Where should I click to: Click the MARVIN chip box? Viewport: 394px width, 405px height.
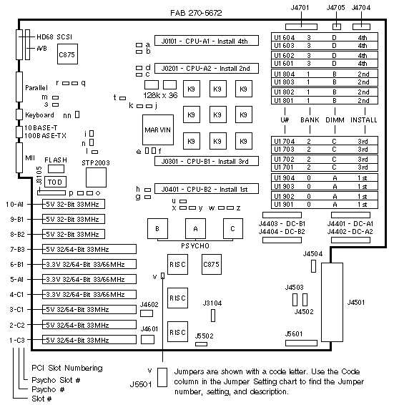[158, 130]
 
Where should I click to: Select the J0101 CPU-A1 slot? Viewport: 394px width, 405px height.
[206, 41]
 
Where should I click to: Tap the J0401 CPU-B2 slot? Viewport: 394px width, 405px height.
[206, 189]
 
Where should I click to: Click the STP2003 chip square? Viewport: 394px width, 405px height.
[96, 177]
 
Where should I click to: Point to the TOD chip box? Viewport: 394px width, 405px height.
[55, 182]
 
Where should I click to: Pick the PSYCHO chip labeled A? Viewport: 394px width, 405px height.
[195, 228]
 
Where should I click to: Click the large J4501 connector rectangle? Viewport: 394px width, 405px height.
[332, 302]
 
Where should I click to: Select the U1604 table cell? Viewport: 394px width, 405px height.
[284, 37]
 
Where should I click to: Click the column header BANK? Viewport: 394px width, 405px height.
[310, 119]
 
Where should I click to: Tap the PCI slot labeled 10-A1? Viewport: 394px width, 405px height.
[74, 204]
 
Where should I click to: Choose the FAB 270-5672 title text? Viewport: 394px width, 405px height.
[196, 13]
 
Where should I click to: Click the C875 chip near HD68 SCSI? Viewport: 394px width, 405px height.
[67, 54]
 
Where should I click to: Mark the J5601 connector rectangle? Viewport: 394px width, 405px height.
[301, 343]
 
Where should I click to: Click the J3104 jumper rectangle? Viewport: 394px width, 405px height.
[213, 316]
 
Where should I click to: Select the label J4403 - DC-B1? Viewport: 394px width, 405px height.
[282, 224]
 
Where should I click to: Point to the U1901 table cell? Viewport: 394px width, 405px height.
[283, 205]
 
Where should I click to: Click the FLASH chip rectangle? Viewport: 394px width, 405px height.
[56, 169]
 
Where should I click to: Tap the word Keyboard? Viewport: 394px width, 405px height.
[39, 115]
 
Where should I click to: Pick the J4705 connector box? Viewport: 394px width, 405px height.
[336, 26]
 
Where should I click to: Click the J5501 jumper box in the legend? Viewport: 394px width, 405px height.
[162, 377]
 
